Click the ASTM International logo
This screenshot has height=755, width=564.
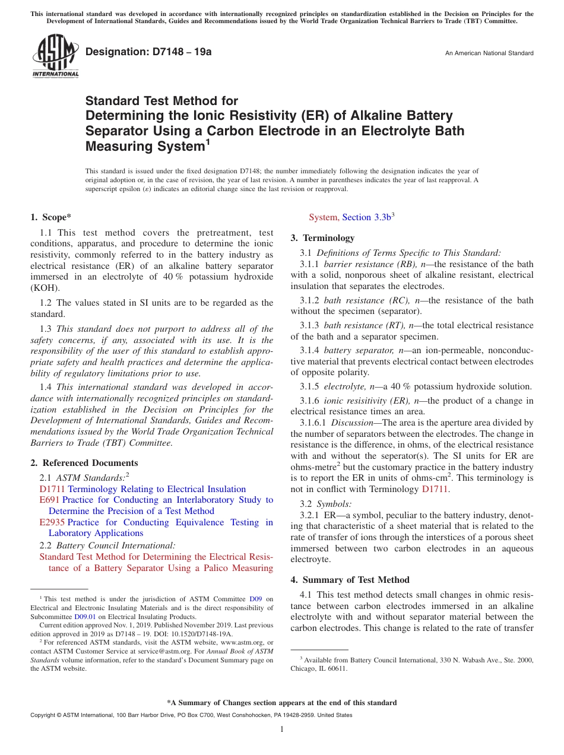tap(55, 56)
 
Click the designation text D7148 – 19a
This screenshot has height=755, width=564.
tap(148, 52)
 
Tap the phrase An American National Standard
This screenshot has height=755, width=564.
tap(489, 53)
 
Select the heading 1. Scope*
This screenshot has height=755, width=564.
tap(51, 217)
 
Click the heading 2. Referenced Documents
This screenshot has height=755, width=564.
tap(84, 463)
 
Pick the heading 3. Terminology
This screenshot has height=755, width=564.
tap(322, 238)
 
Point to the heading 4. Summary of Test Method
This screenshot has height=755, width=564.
tap(350, 580)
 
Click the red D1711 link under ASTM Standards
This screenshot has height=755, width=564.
tap(52, 489)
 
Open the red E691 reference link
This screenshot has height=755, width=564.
tap(49, 500)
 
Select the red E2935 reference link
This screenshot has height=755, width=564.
tap(52, 522)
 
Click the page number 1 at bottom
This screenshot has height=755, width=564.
tap(281, 729)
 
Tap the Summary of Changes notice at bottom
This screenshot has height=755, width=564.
tap(281, 703)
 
